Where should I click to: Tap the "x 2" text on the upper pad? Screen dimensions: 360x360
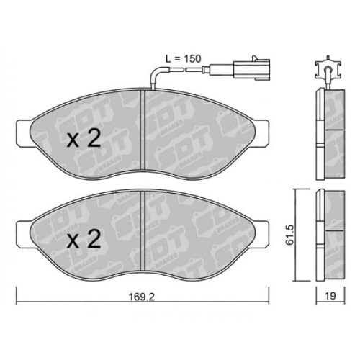[x=84, y=140]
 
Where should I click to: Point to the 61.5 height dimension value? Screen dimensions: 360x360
[x=288, y=234]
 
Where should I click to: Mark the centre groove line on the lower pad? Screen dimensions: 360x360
[x=146, y=230]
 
